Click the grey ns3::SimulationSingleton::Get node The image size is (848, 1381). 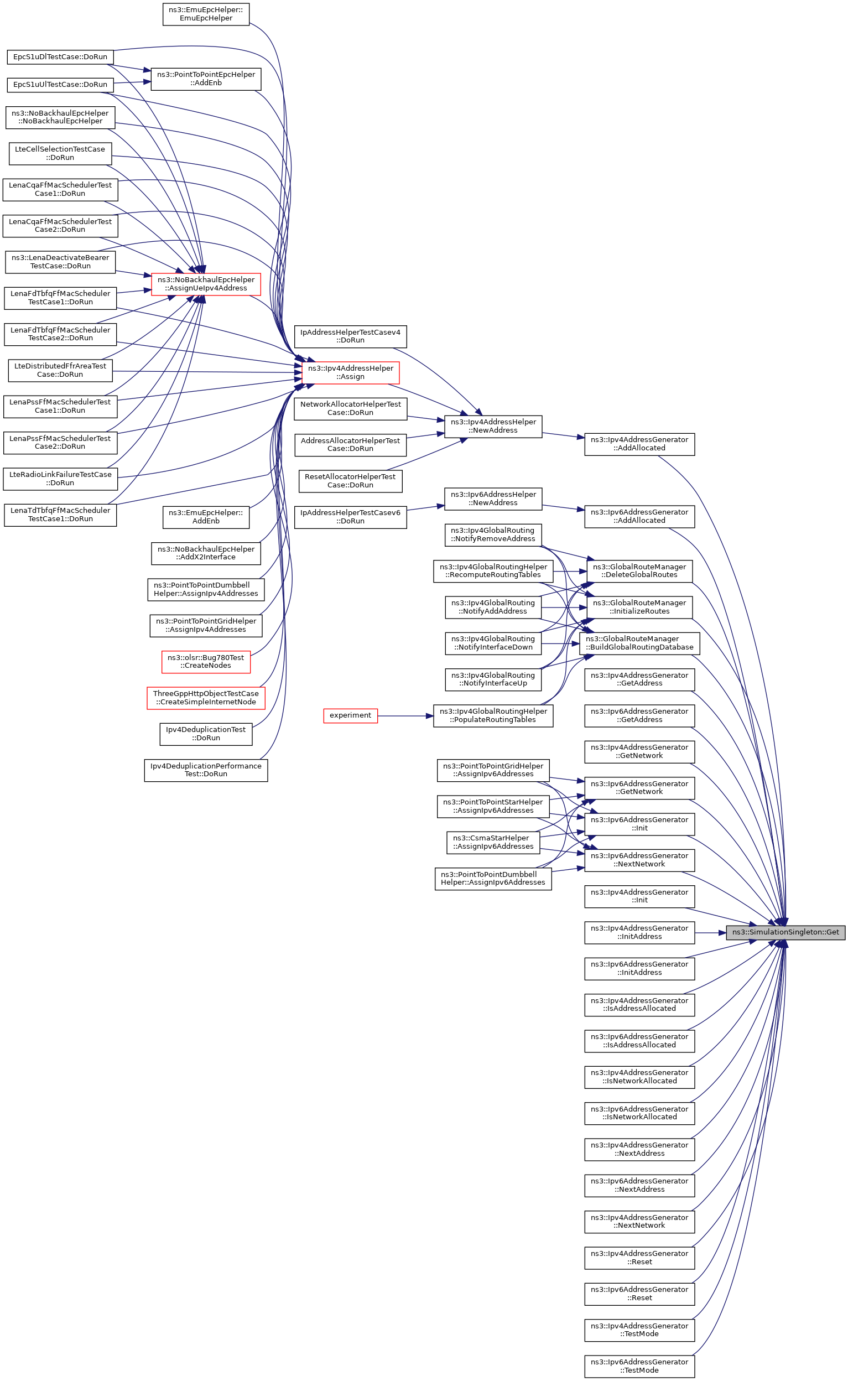click(785, 932)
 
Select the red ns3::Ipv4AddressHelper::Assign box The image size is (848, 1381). click(351, 372)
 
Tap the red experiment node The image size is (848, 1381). click(351, 715)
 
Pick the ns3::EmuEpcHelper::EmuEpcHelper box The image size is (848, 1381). click(206, 14)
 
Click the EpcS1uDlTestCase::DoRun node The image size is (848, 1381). click(60, 56)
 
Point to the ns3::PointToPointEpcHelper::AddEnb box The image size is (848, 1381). click(206, 79)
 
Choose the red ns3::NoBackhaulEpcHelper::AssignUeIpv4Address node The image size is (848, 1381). click(206, 284)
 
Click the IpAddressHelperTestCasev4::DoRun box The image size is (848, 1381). click(351, 336)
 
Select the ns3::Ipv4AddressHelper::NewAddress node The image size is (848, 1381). click(493, 426)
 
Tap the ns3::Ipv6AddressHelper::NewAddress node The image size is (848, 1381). click(493, 499)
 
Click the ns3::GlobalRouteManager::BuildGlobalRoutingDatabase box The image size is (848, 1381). click(639, 643)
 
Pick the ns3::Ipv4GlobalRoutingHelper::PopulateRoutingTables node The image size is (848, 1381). click(493, 715)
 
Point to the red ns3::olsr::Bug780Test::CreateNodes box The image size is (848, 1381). click(206, 661)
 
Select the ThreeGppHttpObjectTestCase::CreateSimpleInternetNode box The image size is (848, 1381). click(206, 698)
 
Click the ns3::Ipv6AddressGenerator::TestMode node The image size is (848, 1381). click(639, 1366)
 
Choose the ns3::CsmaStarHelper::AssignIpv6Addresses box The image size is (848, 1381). click(493, 842)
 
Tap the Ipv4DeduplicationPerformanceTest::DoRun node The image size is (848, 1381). click(206, 770)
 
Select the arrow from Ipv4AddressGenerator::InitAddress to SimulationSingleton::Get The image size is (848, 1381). click(710, 932)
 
